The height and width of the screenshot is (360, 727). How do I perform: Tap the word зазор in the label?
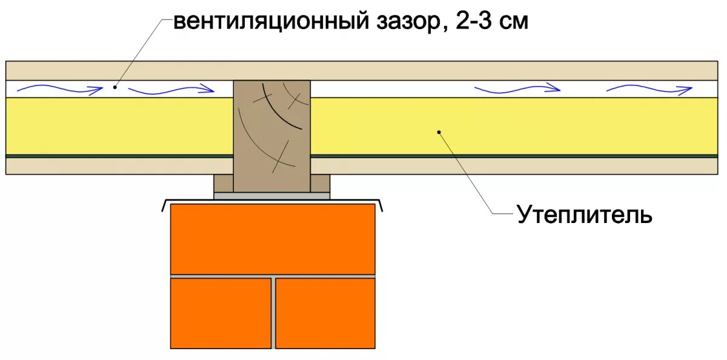tap(400, 22)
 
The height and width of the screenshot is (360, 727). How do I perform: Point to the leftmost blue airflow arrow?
tap(59, 90)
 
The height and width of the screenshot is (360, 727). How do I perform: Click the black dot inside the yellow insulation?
tap(439, 131)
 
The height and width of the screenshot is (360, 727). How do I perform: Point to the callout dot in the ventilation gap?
tap(115, 87)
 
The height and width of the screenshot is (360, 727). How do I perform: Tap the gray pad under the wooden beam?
tap(272, 196)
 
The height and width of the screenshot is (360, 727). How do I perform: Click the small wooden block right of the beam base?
tap(321, 183)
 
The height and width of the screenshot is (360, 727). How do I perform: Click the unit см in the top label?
tap(514, 22)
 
